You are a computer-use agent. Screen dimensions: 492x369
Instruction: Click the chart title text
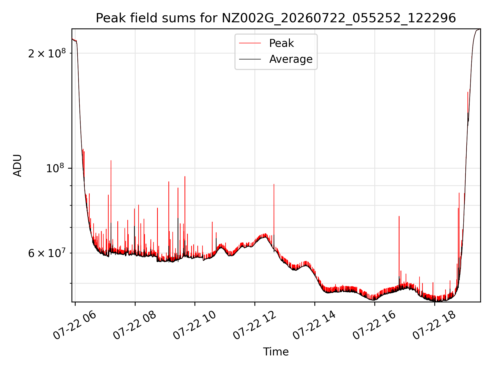(276, 18)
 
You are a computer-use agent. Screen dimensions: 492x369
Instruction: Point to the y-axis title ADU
(17, 166)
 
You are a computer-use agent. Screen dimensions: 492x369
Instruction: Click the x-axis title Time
(276, 352)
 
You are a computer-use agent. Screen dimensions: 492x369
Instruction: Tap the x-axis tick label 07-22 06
(75, 326)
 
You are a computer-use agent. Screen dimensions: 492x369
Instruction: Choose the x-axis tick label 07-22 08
(135, 326)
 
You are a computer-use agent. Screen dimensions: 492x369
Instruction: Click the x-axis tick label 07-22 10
(194, 326)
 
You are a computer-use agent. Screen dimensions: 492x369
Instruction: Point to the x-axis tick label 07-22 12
(254, 326)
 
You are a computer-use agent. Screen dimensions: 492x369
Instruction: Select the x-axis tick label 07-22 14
(314, 326)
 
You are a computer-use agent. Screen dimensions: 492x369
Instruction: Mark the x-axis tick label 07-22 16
(374, 326)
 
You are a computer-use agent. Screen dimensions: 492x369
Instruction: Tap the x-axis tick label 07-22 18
(434, 326)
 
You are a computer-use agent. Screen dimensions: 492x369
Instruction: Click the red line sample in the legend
(250, 43)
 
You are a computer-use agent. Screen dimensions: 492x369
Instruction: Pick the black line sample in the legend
(250, 59)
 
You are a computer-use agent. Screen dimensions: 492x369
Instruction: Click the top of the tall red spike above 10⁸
(111, 160)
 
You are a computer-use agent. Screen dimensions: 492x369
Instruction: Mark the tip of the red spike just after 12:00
(274, 184)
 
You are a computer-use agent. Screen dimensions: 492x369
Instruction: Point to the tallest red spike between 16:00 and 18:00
(399, 216)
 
